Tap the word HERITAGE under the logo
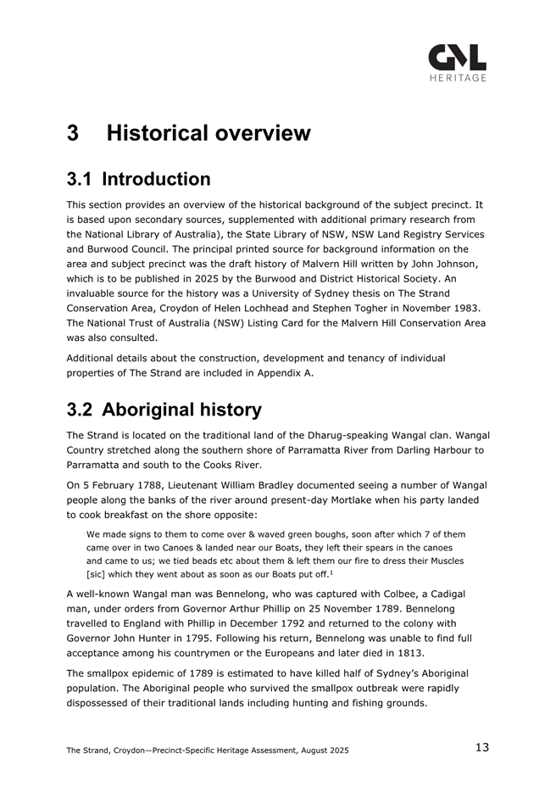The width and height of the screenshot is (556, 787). [458, 78]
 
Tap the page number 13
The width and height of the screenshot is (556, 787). [481, 747]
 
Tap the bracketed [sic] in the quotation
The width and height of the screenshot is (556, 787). [98, 576]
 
